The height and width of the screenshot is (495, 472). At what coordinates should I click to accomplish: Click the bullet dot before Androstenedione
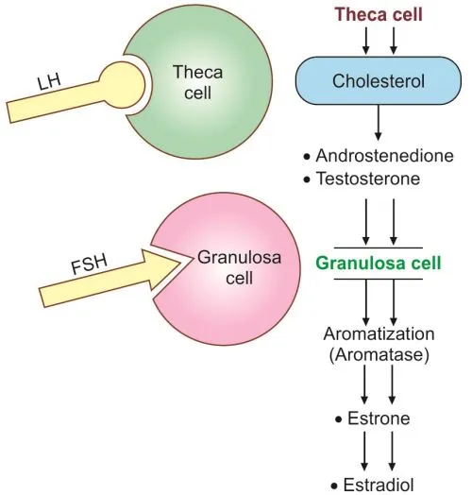(308, 155)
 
